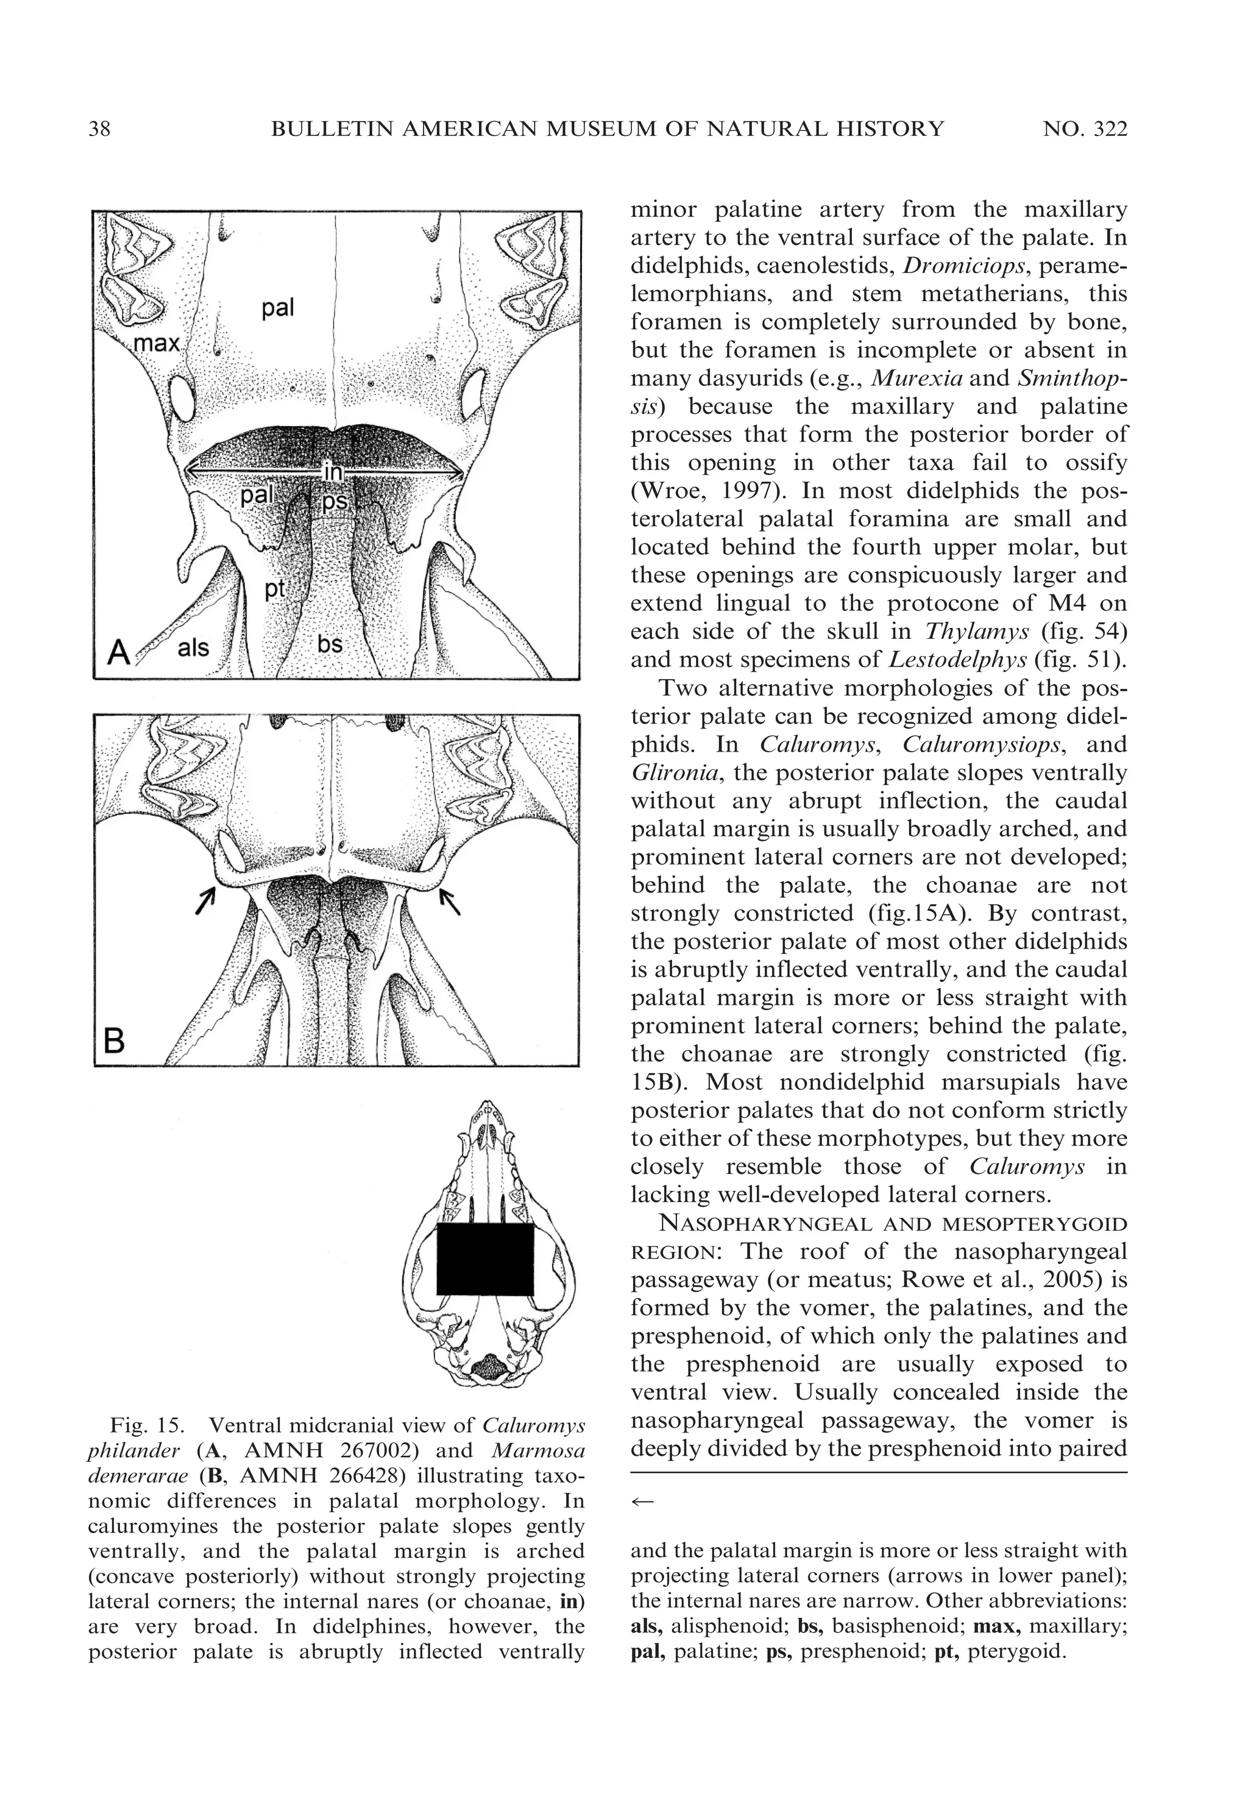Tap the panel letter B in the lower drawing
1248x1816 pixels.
[114, 1041]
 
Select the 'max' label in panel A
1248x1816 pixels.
[157, 343]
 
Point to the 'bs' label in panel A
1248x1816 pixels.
[330, 644]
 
